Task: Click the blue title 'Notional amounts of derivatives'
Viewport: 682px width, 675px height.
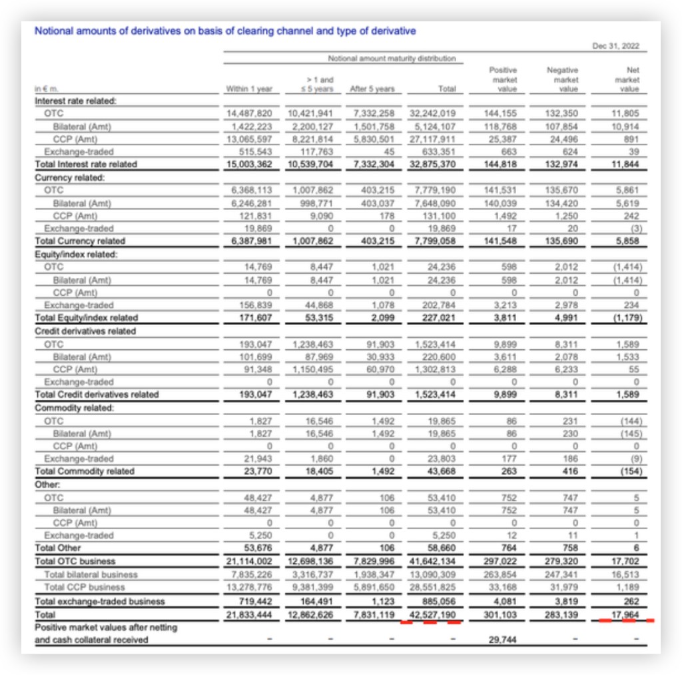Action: (x=225, y=31)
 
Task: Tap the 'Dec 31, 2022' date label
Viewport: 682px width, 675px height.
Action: (x=616, y=46)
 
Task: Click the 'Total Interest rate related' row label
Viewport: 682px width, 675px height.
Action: (x=86, y=165)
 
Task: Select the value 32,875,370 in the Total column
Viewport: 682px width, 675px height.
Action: (x=433, y=165)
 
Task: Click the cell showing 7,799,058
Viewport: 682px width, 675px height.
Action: (x=434, y=241)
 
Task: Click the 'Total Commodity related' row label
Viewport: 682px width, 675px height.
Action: (x=85, y=472)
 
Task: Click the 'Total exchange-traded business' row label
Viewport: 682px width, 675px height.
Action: (x=99, y=602)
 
